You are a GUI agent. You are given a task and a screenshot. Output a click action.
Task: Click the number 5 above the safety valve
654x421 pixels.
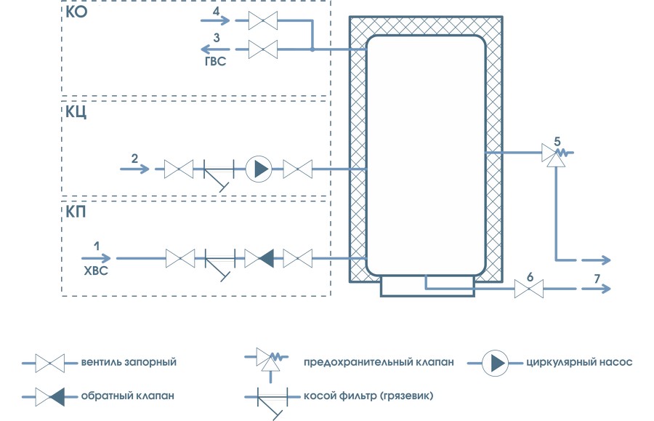point(558,140)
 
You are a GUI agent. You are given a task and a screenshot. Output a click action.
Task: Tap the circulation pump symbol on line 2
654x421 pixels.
point(258,169)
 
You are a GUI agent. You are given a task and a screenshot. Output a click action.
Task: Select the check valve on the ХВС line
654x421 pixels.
point(259,257)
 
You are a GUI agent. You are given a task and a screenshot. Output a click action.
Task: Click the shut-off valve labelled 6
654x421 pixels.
point(529,289)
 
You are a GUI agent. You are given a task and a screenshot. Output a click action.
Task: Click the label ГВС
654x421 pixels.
point(215,63)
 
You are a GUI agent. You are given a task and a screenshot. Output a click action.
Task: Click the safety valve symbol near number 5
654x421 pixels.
point(556,155)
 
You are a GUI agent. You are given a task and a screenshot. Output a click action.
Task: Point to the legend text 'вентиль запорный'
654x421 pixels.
point(129,361)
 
